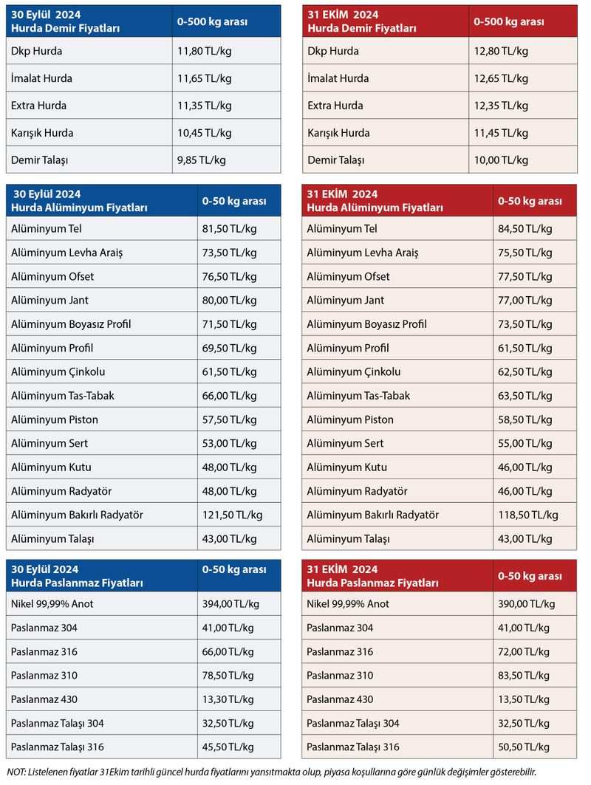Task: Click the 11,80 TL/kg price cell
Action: point(204,51)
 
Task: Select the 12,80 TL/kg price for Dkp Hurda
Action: point(501,51)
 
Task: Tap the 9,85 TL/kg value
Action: point(201,160)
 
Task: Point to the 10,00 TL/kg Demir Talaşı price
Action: point(501,160)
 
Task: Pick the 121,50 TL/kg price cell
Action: point(232,515)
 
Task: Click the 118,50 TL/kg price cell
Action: point(527,515)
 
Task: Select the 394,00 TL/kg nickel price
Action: point(230,604)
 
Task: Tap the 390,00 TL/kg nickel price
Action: point(526,604)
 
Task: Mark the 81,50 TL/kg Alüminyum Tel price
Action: point(229,229)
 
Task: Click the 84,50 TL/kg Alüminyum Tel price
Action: point(525,229)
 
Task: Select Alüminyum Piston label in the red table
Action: point(350,419)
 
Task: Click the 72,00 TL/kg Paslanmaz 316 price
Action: point(523,652)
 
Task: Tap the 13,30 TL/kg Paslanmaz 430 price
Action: point(228,699)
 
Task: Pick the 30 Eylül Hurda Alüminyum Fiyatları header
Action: point(75,201)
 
